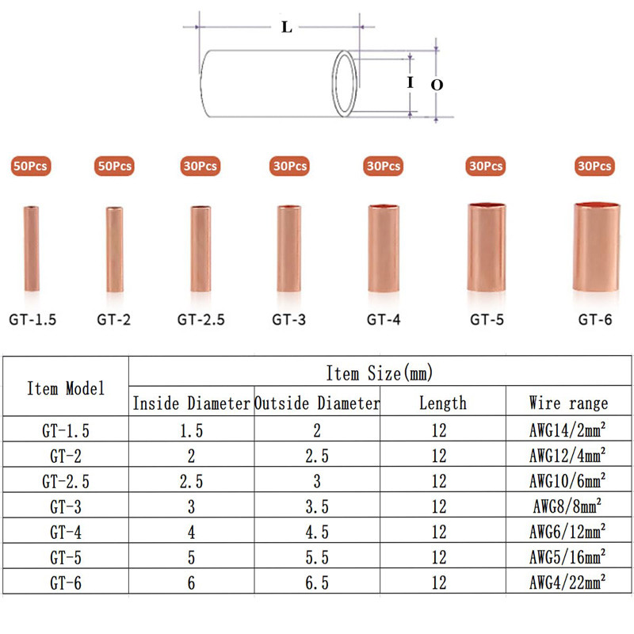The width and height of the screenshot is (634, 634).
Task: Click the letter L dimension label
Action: (x=287, y=27)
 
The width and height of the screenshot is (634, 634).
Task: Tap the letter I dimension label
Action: (x=411, y=82)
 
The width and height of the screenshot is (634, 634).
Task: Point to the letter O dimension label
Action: (x=437, y=85)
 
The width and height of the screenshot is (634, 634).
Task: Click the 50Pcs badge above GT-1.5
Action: (x=31, y=166)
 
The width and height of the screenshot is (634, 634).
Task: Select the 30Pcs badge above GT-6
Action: (x=594, y=166)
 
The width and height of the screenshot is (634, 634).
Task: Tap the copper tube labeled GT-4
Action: (x=384, y=248)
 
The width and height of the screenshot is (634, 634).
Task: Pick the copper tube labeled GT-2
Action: (x=115, y=249)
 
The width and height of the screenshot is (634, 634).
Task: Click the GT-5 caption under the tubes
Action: (x=487, y=320)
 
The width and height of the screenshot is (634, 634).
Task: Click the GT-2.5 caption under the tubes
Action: (x=201, y=320)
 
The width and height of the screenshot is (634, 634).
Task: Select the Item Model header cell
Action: (x=66, y=388)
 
